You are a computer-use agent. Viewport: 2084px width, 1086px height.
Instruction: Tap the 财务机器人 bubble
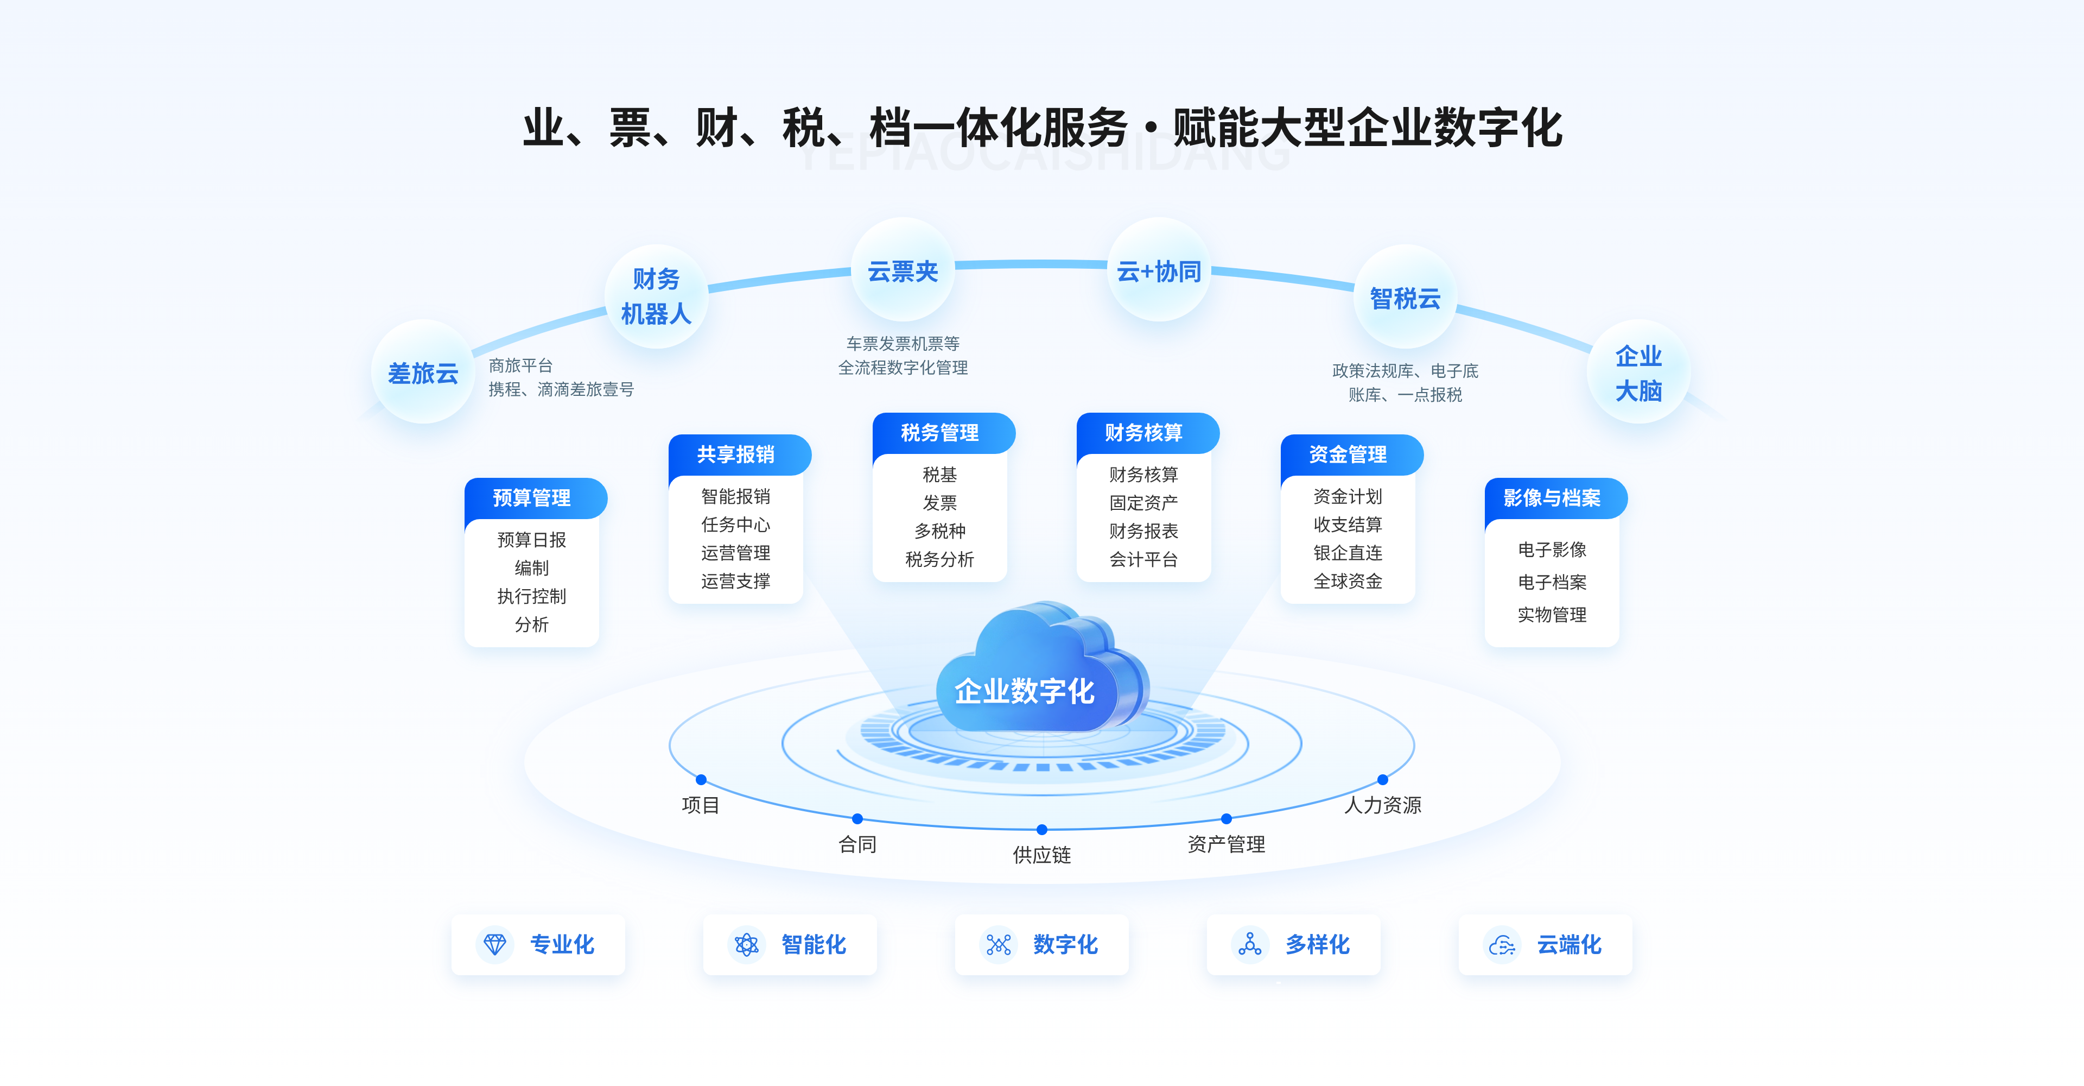tap(656, 296)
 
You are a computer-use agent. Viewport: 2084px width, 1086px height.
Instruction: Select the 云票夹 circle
tap(903, 271)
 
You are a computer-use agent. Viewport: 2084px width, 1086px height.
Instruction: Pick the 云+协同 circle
tap(1159, 271)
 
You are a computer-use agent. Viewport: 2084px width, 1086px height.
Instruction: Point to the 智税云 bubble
tap(1405, 298)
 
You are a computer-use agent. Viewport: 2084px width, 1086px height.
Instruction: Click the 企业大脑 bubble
tap(1638, 372)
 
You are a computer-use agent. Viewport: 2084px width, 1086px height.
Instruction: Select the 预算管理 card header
tap(533, 498)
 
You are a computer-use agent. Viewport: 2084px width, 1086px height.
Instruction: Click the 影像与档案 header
tap(1553, 498)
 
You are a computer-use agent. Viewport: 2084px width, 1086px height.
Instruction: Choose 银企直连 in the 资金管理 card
tap(1348, 553)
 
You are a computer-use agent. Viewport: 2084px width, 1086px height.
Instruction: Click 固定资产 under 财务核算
tap(1143, 502)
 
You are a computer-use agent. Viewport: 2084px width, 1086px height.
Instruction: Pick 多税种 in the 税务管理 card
tap(939, 531)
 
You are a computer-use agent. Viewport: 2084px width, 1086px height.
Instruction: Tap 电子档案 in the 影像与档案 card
tap(1552, 582)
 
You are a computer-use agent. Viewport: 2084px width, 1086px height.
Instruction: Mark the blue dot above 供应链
tap(1042, 830)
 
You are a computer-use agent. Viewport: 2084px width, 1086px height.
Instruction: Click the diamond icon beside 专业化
tap(494, 944)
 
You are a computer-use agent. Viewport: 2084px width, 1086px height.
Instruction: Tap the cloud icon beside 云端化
tap(1502, 944)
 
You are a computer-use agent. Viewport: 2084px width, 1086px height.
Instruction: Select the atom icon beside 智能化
tap(746, 944)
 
